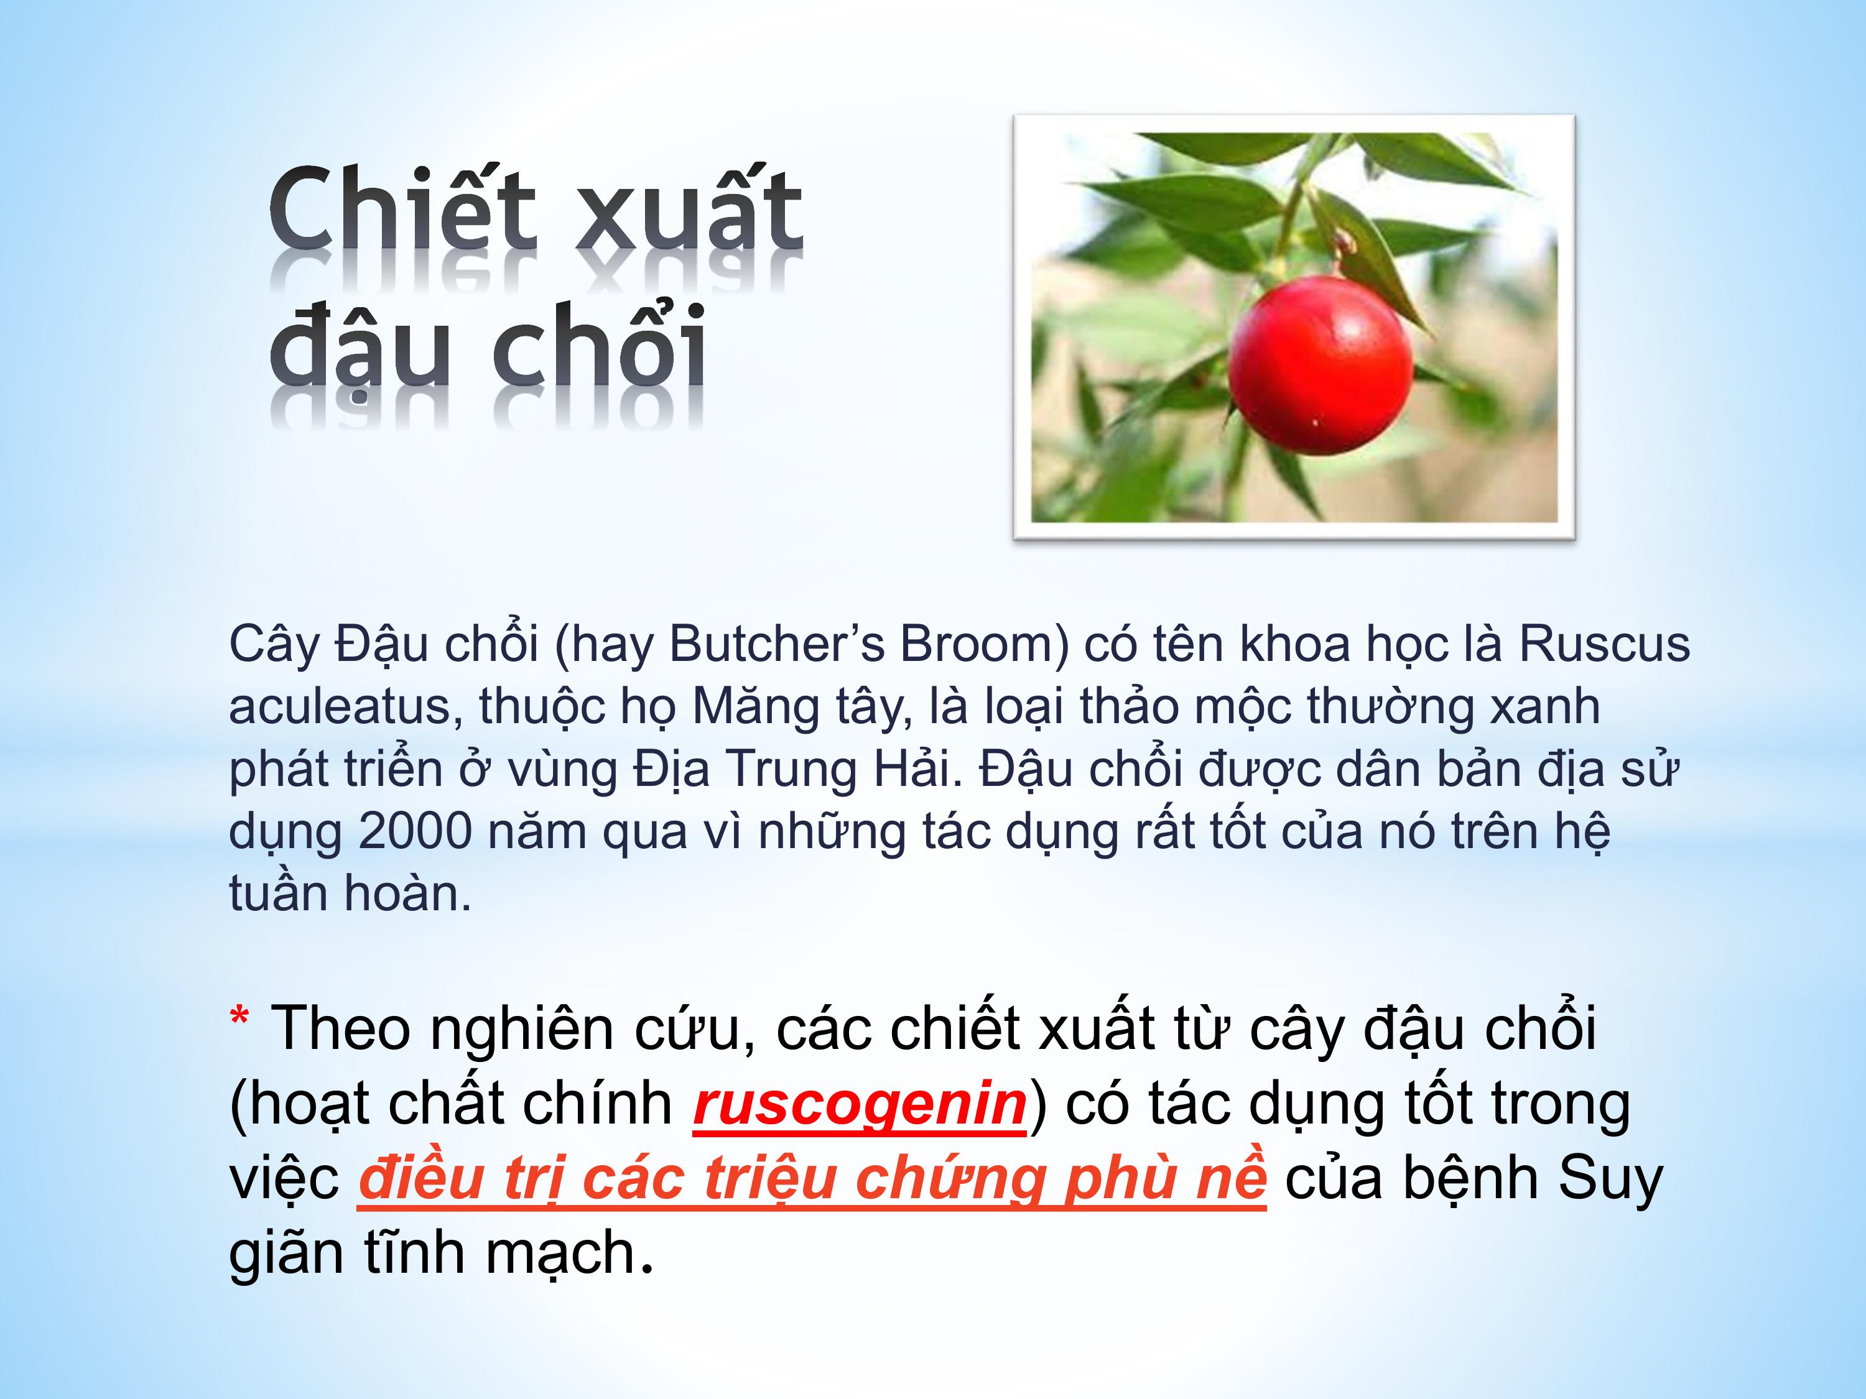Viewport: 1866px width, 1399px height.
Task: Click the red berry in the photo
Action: coord(1321,365)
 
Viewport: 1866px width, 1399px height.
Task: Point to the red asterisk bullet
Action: coord(239,1018)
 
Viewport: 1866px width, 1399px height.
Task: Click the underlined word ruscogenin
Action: coord(860,1103)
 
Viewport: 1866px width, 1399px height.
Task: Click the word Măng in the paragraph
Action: coord(756,708)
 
